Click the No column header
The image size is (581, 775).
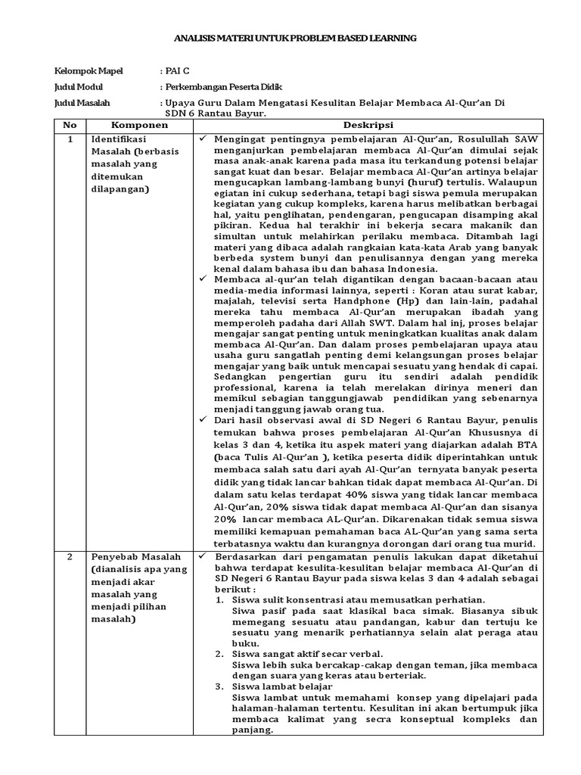click(70, 125)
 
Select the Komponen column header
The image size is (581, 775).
click(135, 125)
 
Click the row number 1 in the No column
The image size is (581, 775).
click(70, 139)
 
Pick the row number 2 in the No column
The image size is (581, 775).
click(70, 556)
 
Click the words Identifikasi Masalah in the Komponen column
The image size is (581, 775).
click(120, 146)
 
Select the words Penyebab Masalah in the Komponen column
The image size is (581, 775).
click(126, 556)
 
